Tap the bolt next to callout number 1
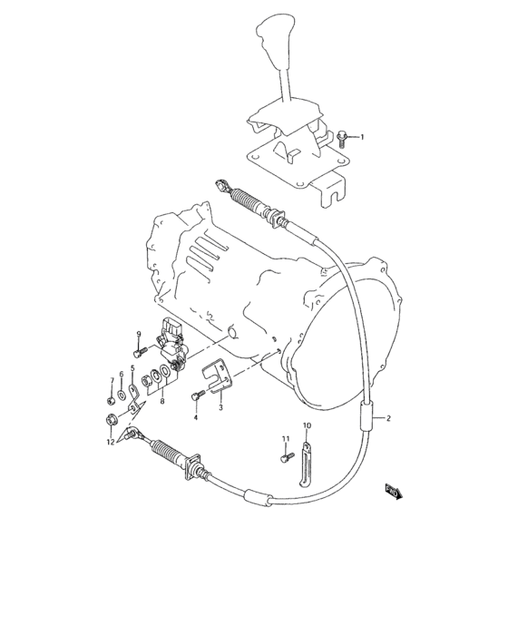coord(342,139)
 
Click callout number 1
coord(361,137)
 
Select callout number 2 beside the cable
coord(387,418)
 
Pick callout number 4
coord(194,418)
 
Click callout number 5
coord(132,368)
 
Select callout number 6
coord(121,374)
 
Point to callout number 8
coord(161,400)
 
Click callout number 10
coord(307,425)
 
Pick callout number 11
coord(284,439)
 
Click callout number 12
coord(109,442)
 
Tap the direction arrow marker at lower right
coord(393,491)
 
